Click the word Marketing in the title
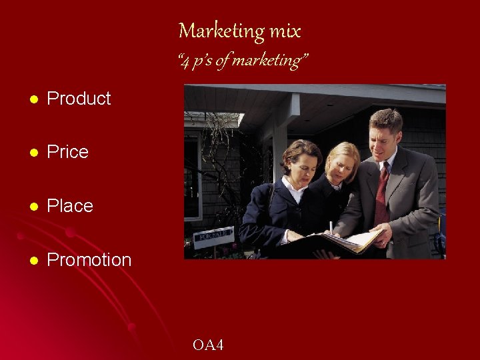pos(221,31)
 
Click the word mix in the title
pos(285,31)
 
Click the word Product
pos(79,99)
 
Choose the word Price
pos(67,152)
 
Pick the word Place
pos(70,206)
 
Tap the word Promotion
pos(89,259)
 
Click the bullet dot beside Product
pos(34,99)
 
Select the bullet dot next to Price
pos(34,153)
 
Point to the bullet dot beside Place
pos(34,207)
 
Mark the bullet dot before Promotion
pos(34,260)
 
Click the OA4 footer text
pos(208,345)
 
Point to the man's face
pos(385,141)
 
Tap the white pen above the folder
pos(331,227)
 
